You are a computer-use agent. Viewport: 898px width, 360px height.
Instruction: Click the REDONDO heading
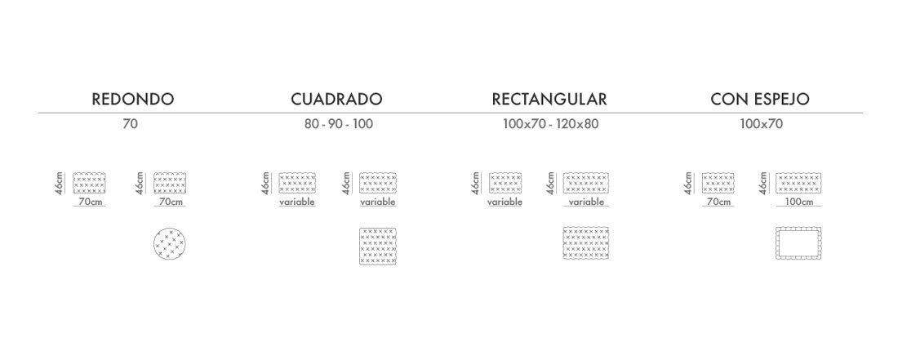pyautogui.click(x=133, y=99)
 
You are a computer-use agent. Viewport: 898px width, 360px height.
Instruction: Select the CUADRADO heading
pyautogui.click(x=336, y=99)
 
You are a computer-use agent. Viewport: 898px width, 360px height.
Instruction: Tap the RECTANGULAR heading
pyautogui.click(x=549, y=99)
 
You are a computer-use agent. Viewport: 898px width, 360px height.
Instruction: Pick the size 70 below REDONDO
pyautogui.click(x=130, y=123)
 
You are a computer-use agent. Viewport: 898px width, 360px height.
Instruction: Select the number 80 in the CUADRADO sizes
pyautogui.click(x=313, y=123)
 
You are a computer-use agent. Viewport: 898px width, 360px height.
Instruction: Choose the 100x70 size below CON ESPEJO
pyautogui.click(x=761, y=123)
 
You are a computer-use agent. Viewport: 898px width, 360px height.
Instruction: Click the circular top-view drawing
pyautogui.click(x=170, y=245)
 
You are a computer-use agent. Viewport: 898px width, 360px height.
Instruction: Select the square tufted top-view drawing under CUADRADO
pyautogui.click(x=378, y=246)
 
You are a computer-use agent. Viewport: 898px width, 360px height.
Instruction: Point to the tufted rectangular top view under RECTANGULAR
pyautogui.click(x=586, y=242)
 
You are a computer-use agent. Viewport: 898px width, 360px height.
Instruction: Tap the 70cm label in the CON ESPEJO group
pyautogui.click(x=719, y=202)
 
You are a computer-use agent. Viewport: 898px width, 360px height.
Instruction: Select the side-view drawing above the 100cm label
pyautogui.click(x=798, y=183)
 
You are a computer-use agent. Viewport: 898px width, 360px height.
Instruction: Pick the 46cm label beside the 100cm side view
pyautogui.click(x=763, y=183)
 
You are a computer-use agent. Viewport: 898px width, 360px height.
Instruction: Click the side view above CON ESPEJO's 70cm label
pyautogui.click(x=718, y=183)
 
